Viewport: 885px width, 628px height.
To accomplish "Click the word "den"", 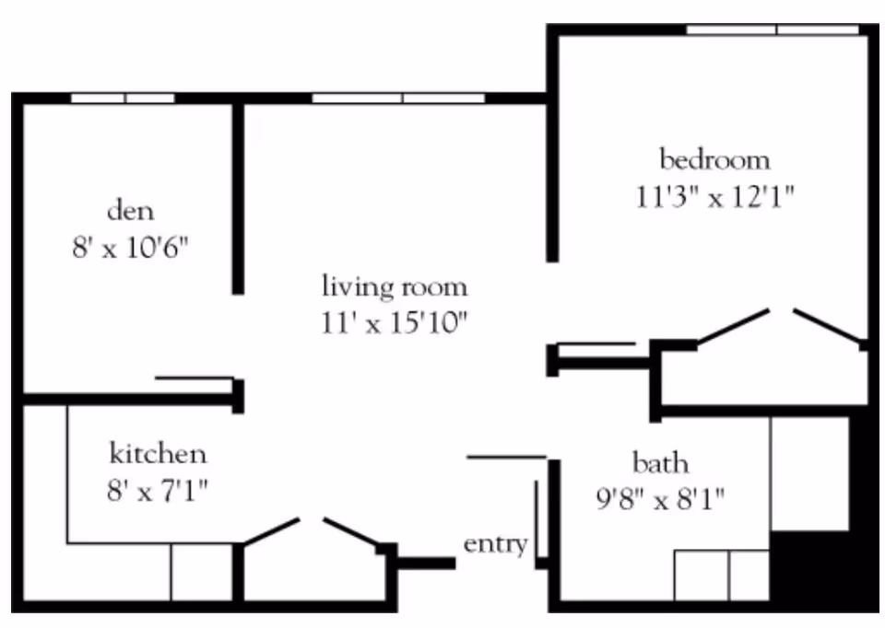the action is click(x=130, y=211).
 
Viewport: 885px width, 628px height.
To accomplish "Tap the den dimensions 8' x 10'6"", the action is click(x=130, y=247).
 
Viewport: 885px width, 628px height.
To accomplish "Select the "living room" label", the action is click(x=395, y=285).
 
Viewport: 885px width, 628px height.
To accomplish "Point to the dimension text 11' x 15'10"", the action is click(x=395, y=323).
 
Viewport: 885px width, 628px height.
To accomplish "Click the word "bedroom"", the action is click(x=714, y=159).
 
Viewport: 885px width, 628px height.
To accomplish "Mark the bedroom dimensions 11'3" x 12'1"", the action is click(x=714, y=197).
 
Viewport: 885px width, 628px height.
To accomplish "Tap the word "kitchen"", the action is click(x=158, y=454).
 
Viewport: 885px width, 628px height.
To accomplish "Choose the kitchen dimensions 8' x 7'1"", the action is click(x=158, y=491).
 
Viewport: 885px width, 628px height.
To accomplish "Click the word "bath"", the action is click(x=660, y=463).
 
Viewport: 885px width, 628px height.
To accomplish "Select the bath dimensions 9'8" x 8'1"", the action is click(x=660, y=499).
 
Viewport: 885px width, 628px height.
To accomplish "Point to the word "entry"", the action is click(x=496, y=544).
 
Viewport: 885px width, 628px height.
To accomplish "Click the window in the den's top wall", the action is click(x=123, y=99).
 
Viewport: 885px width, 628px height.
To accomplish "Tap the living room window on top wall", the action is click(x=398, y=99).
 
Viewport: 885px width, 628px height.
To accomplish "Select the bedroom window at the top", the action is click(x=773, y=29).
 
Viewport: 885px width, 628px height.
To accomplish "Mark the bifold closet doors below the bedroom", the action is click(x=782, y=326).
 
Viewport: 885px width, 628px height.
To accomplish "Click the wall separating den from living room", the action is click(x=238, y=198).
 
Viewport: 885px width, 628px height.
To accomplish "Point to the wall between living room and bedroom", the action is click(x=552, y=179).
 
